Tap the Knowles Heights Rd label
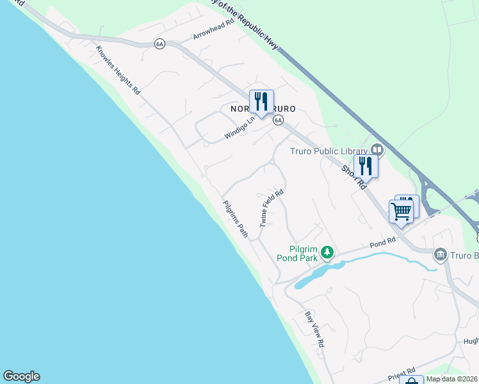118,70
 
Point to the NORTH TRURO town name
263,109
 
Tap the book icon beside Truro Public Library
377,150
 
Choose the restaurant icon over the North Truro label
261,101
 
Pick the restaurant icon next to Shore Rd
366,166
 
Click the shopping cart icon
402,211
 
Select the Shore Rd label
353,177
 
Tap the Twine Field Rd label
272,208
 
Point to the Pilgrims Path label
235,219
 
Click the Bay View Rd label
314,329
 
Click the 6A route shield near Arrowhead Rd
159,43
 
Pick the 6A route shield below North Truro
277,120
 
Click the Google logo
21,376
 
